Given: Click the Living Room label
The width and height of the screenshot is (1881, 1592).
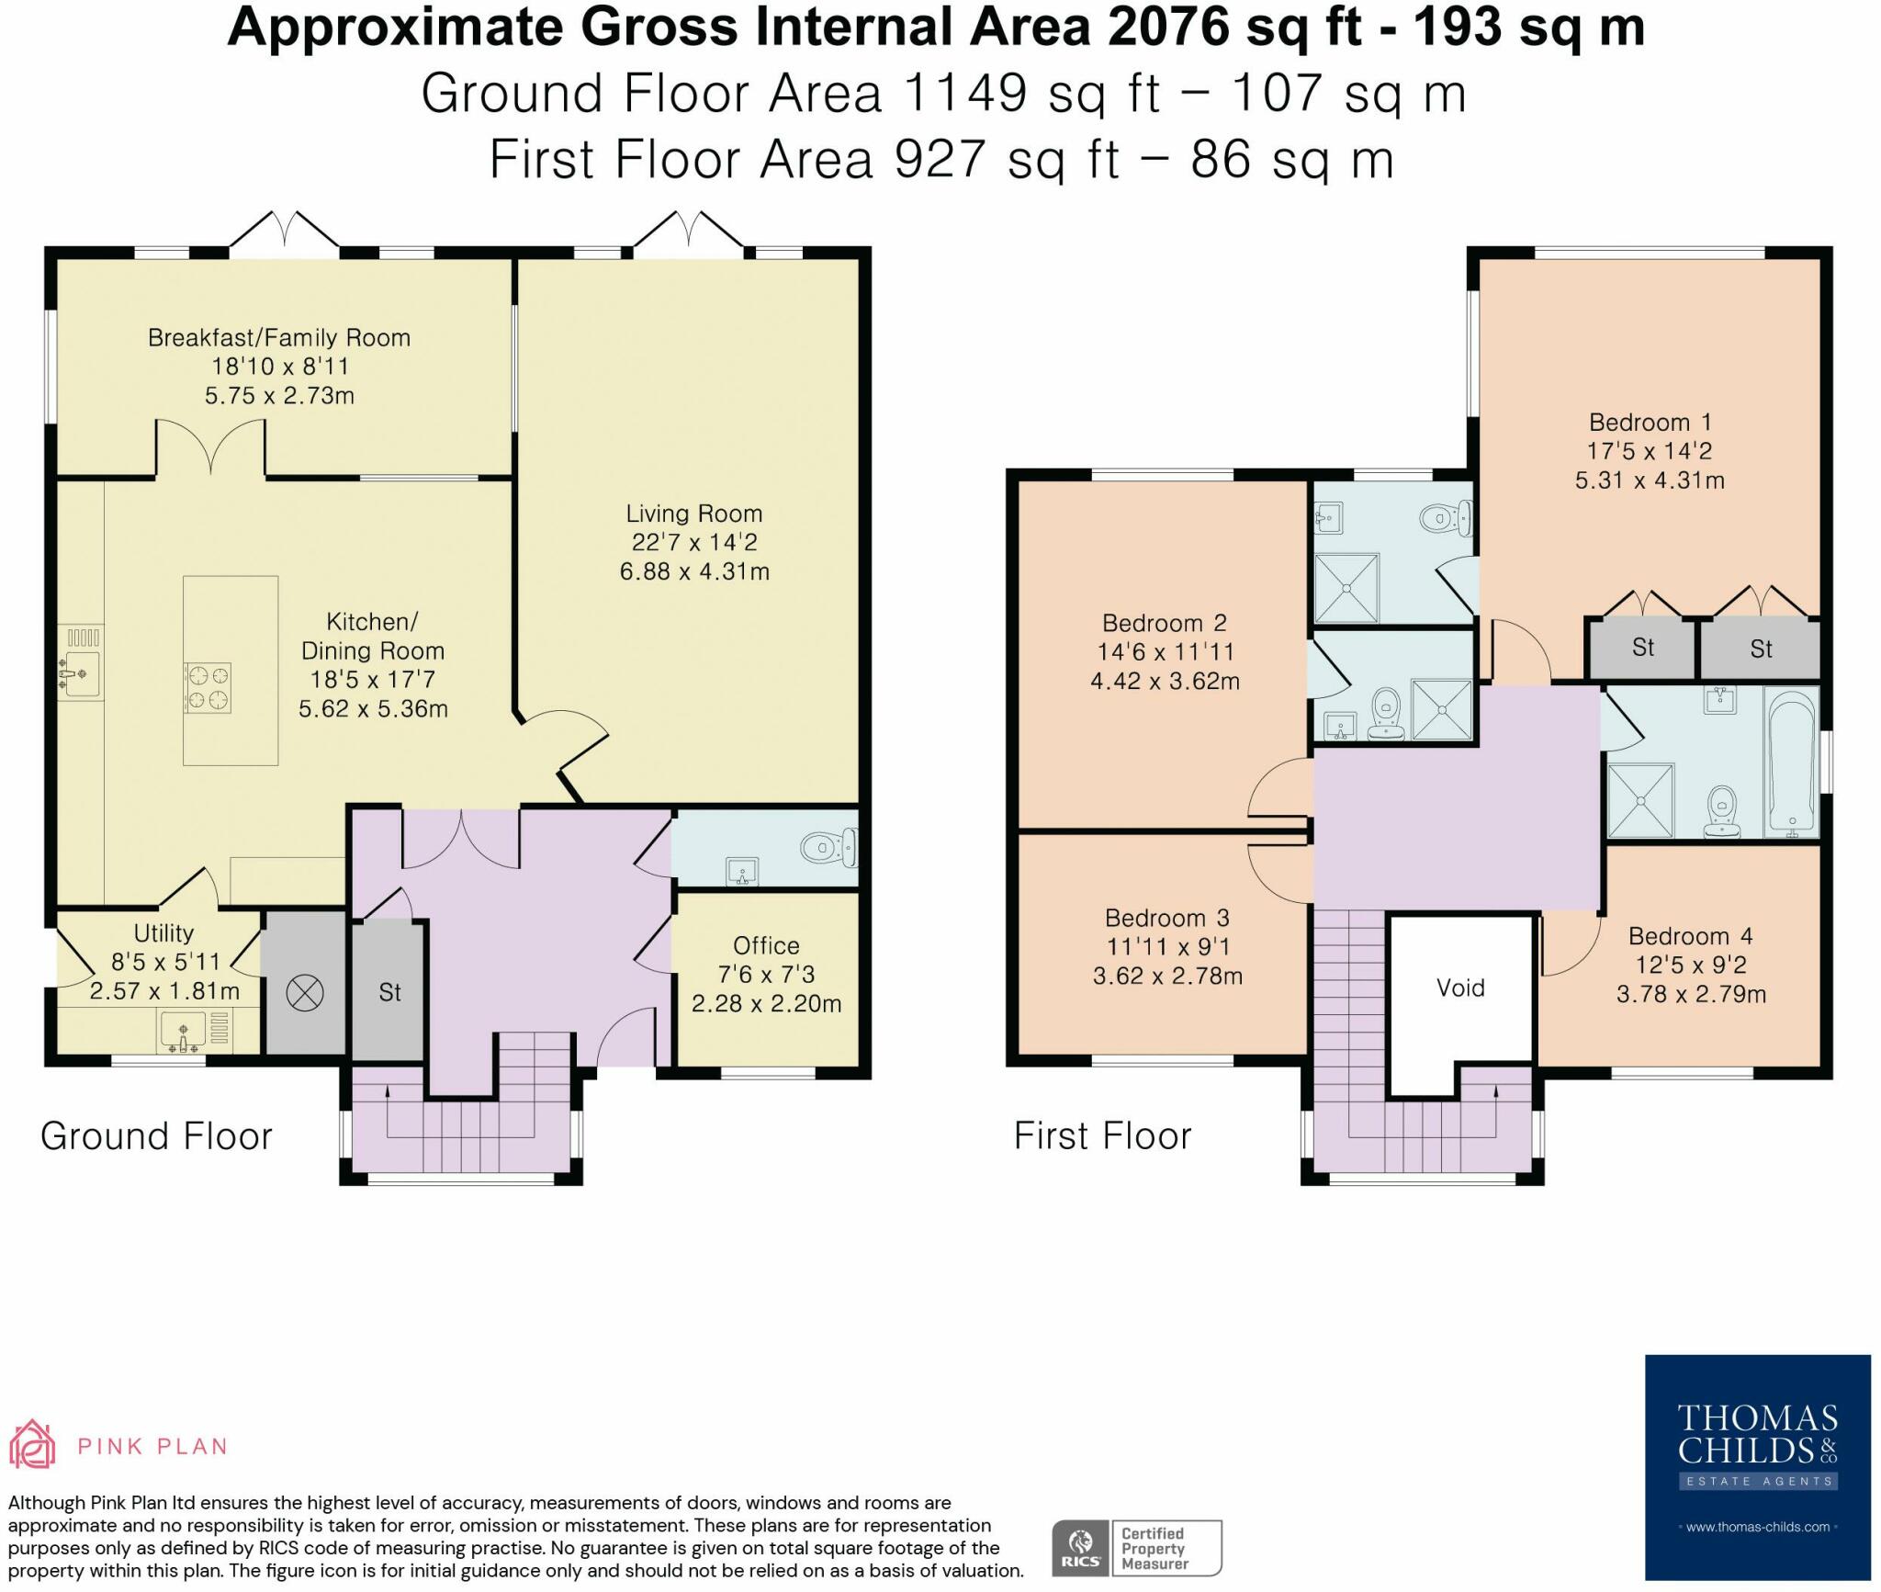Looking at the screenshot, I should [693, 514].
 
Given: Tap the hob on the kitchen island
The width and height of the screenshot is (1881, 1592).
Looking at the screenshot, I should [208, 688].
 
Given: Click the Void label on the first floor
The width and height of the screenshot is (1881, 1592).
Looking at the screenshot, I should [1459, 988].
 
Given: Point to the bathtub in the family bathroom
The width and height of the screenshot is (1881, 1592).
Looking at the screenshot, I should [1791, 762].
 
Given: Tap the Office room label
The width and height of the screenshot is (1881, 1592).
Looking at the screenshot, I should [766, 945].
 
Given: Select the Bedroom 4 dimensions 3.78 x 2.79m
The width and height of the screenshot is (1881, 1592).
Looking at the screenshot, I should [1691, 994].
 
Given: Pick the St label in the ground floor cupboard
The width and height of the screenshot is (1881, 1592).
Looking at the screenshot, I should [389, 992].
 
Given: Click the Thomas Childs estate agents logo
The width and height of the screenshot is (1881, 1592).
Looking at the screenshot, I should [1757, 1466].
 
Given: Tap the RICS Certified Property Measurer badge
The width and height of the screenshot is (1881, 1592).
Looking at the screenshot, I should [1136, 1549].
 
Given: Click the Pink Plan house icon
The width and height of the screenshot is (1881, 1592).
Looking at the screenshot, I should [32, 1445].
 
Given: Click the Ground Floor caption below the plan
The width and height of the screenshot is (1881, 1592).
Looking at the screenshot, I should [156, 1136].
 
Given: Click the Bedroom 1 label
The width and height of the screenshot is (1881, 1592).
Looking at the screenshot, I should [1650, 423].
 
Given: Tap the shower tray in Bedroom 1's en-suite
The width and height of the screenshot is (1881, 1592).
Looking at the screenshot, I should [1346, 587].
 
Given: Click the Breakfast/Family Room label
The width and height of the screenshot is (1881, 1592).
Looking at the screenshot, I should [279, 338].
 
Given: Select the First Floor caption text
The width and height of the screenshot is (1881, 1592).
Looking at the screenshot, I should [1102, 1136].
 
